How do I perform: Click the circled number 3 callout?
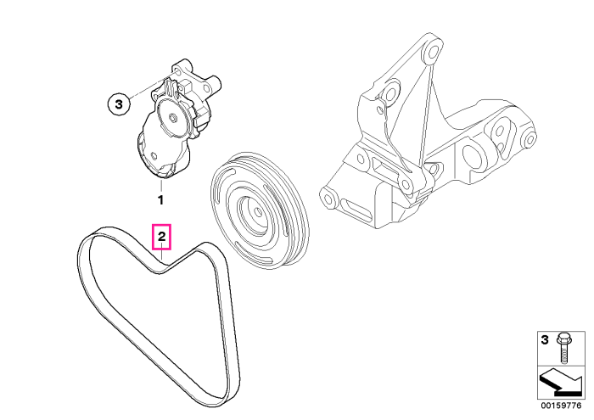pos(119,104)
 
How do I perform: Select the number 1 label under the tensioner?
pos(160,199)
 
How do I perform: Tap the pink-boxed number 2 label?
pos(162,237)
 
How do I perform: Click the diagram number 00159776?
pos(561,406)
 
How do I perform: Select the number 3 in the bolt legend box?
pos(545,339)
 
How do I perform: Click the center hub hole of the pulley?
pos(256,212)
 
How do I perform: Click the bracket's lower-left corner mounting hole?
pos(328,199)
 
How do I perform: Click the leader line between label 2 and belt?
pos(162,255)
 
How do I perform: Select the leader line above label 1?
pos(161,185)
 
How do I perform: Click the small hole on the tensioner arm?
pos(154,155)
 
